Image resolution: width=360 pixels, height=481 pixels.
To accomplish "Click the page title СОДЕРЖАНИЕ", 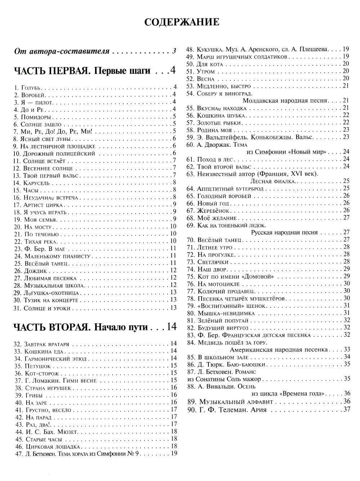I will (181, 22).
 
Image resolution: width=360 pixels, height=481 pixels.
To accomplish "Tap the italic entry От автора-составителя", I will (62, 51).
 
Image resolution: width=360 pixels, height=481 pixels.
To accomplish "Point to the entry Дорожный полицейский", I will (59, 154).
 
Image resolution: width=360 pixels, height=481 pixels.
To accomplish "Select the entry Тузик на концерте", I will (51, 300).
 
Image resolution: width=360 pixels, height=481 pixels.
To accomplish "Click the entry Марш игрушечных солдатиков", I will (242, 57).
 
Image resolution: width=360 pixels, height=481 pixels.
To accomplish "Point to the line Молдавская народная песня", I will (285, 100).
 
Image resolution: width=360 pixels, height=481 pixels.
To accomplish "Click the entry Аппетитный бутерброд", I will (230, 189).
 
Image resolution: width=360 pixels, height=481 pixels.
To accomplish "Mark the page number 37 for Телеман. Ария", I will (347, 409).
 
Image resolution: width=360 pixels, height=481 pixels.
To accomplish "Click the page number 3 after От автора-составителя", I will (174, 51).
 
